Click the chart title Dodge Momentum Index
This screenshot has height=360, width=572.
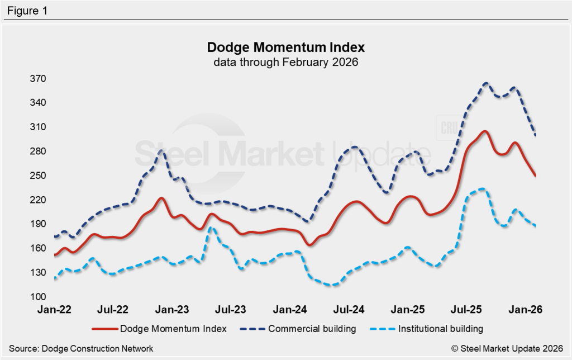285,46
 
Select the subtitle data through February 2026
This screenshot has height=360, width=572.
285,62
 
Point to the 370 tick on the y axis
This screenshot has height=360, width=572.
39,79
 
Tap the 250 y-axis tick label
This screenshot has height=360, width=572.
39,176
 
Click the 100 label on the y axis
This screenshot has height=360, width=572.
39,296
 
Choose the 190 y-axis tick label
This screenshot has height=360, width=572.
39,224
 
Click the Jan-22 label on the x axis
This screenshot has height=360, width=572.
54,309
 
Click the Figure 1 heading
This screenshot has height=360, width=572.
27,10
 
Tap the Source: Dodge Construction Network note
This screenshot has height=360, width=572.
81,348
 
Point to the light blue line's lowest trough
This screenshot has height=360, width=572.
333,285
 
